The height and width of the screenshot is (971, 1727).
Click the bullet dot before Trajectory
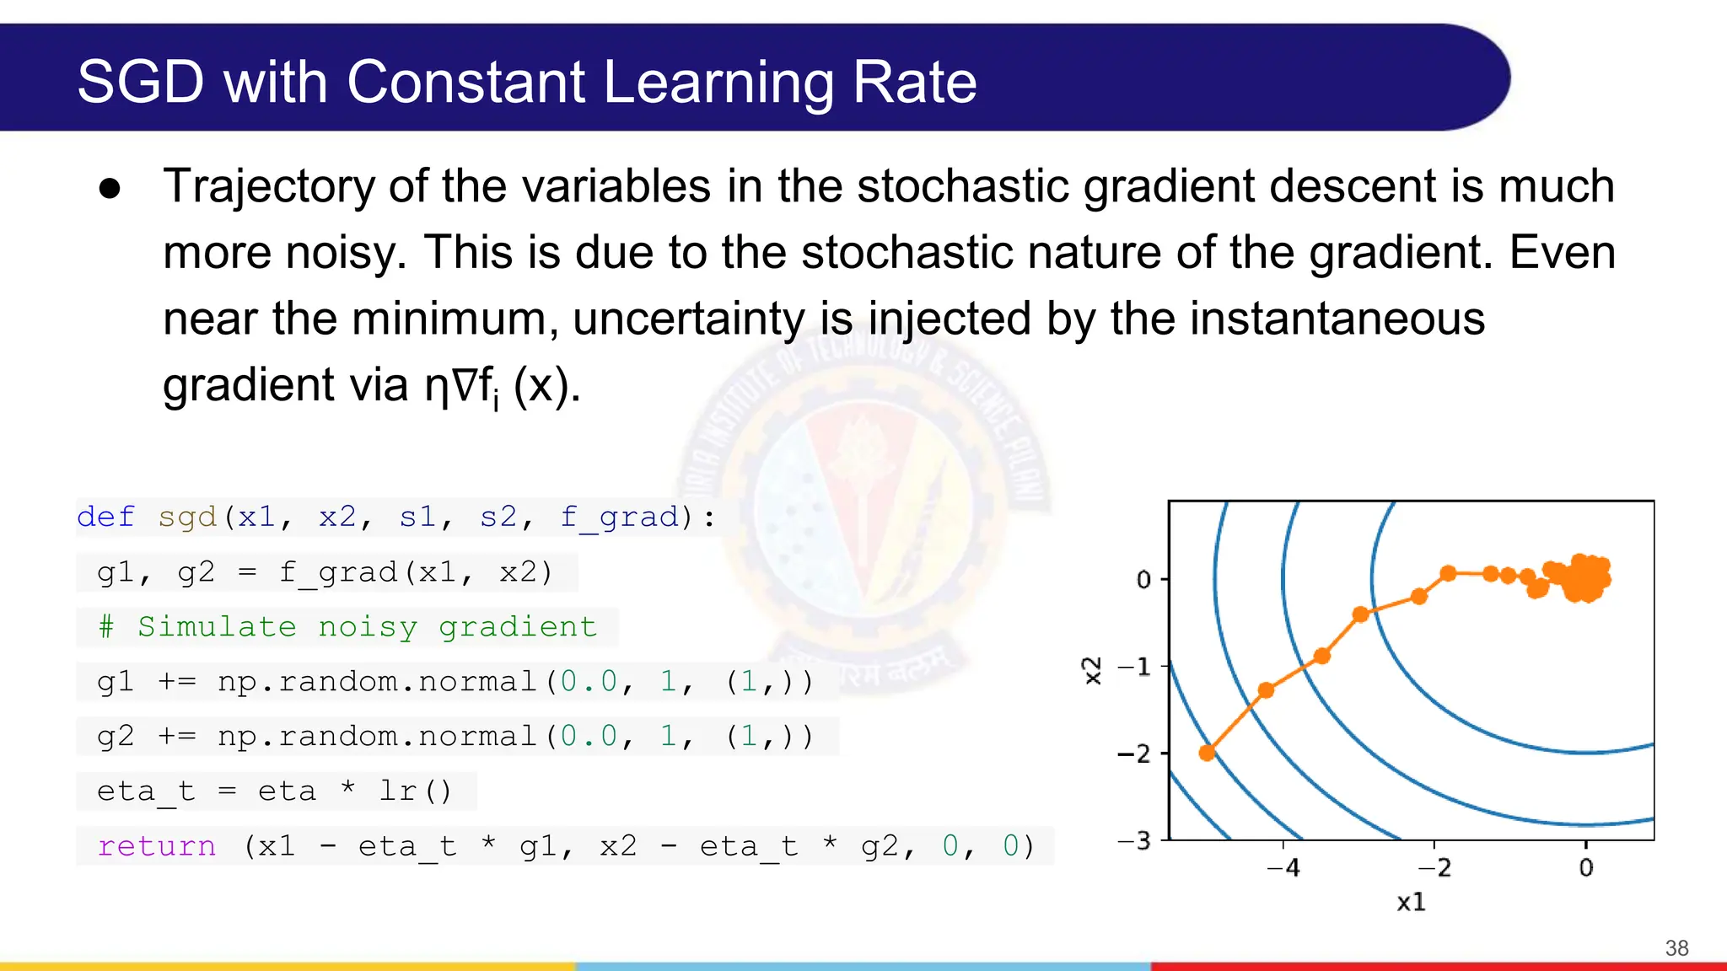110,189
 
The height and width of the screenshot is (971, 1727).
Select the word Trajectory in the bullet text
269,187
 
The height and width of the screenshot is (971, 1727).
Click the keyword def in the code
105,517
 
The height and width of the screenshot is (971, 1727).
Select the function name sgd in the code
187,517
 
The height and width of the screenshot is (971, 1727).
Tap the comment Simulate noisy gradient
367,627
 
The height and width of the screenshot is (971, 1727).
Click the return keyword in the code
157,846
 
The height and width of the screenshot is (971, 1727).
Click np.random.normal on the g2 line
378,737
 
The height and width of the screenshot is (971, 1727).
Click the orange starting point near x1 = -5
1207,752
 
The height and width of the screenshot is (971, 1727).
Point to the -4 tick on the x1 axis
1283,867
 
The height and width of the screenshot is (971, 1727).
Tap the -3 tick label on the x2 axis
1134,840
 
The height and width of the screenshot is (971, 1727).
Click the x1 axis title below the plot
1411,903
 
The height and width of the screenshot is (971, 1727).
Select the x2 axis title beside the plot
1092,670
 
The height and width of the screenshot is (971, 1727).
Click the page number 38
1676,948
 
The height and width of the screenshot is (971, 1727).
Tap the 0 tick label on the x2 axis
1143,579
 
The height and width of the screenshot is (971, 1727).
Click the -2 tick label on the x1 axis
1434,867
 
